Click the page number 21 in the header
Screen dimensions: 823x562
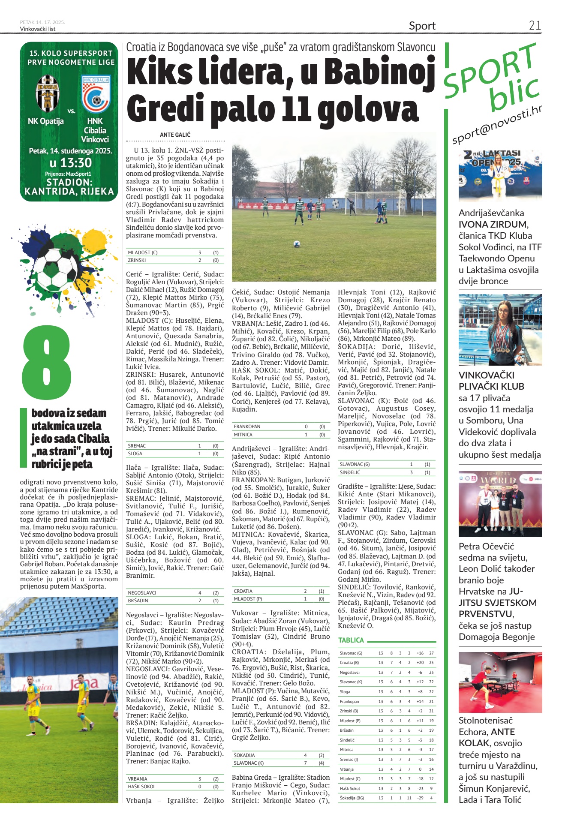pyautogui.click(x=535, y=25)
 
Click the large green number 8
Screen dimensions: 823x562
pyautogui.click(x=46, y=362)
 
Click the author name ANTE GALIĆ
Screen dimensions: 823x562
pyautogui.click(x=175, y=135)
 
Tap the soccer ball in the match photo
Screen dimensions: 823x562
pyautogui.click(x=296, y=244)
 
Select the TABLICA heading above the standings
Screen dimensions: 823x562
pyautogui.click(x=351, y=640)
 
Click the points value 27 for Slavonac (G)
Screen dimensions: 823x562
pyautogui.click(x=431, y=653)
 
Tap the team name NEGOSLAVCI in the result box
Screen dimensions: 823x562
pyautogui.click(x=142, y=593)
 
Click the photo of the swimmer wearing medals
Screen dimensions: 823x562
pyautogui.click(x=500, y=329)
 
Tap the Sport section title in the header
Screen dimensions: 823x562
pyautogui.click(x=422, y=26)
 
